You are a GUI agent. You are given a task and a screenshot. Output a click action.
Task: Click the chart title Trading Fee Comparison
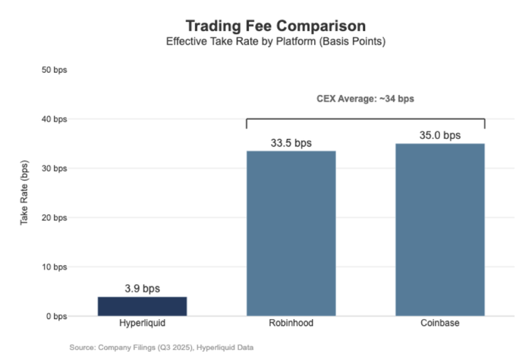tap(275, 25)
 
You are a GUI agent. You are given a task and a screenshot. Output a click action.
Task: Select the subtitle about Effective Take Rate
tap(275, 41)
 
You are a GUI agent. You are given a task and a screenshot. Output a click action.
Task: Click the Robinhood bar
tap(291, 232)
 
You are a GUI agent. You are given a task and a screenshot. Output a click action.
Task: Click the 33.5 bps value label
tap(291, 143)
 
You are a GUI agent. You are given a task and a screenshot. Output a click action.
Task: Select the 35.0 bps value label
tap(440, 135)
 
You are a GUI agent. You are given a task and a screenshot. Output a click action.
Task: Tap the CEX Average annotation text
tap(365, 99)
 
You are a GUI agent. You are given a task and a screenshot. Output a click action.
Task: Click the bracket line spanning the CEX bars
tap(365, 118)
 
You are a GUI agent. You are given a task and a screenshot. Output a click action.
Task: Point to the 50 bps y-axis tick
tap(54, 70)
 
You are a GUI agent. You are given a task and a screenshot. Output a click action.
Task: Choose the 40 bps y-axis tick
tap(54, 119)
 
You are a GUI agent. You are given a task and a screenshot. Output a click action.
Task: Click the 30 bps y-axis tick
tap(54, 169)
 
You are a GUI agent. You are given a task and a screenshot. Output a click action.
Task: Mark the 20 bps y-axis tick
tap(54, 218)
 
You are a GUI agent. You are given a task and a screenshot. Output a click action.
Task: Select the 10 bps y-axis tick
tap(54, 267)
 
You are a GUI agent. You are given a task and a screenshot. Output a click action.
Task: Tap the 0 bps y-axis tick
tap(56, 316)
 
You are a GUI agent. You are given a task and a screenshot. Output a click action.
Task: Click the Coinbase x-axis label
tap(440, 324)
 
